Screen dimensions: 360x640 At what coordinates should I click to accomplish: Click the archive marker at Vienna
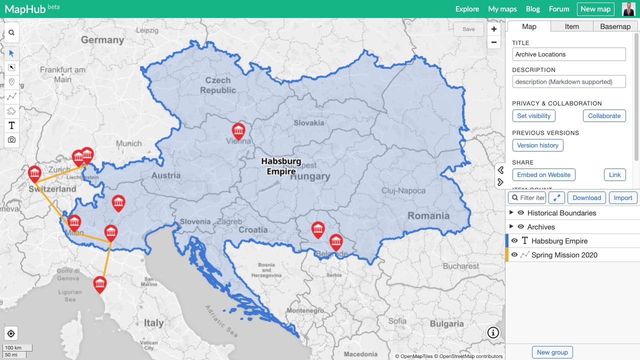coord(238,131)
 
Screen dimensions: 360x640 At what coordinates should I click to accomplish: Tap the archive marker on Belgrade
coord(336,242)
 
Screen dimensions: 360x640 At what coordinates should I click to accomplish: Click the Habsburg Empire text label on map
coord(281,166)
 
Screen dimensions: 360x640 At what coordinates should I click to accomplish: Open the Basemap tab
coord(615,26)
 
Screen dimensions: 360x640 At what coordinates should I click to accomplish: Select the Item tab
coord(572,26)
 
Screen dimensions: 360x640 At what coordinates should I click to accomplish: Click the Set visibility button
coord(533,116)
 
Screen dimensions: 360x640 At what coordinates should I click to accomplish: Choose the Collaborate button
coord(604,116)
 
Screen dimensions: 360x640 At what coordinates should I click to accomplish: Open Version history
coord(537,145)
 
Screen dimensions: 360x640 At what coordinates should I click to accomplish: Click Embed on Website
coord(543,175)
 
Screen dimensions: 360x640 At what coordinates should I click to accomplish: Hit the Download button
coord(586,198)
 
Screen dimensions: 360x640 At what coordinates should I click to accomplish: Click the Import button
coord(623,198)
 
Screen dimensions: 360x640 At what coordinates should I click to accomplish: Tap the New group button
coord(552,352)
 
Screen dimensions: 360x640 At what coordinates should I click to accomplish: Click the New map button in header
coord(595,9)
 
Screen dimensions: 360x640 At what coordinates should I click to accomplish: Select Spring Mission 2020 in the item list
coord(564,255)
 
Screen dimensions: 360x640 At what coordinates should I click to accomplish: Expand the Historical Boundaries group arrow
coord(511,213)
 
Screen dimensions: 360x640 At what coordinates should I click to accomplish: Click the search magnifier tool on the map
coord(11,32)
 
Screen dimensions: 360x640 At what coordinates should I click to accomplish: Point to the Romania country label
coord(428,216)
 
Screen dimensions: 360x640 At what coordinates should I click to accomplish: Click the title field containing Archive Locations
coord(569,54)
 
